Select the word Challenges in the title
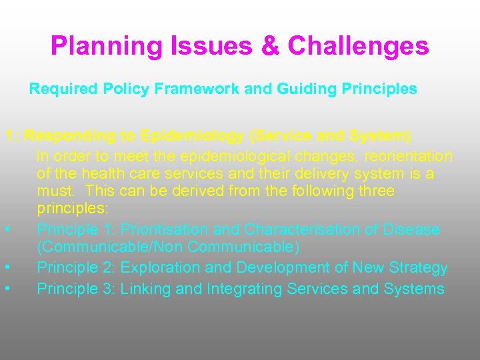(359, 47)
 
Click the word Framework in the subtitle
(202, 89)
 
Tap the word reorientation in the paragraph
(397, 156)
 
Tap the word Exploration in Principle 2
(164, 268)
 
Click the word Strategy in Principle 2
(414, 268)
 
